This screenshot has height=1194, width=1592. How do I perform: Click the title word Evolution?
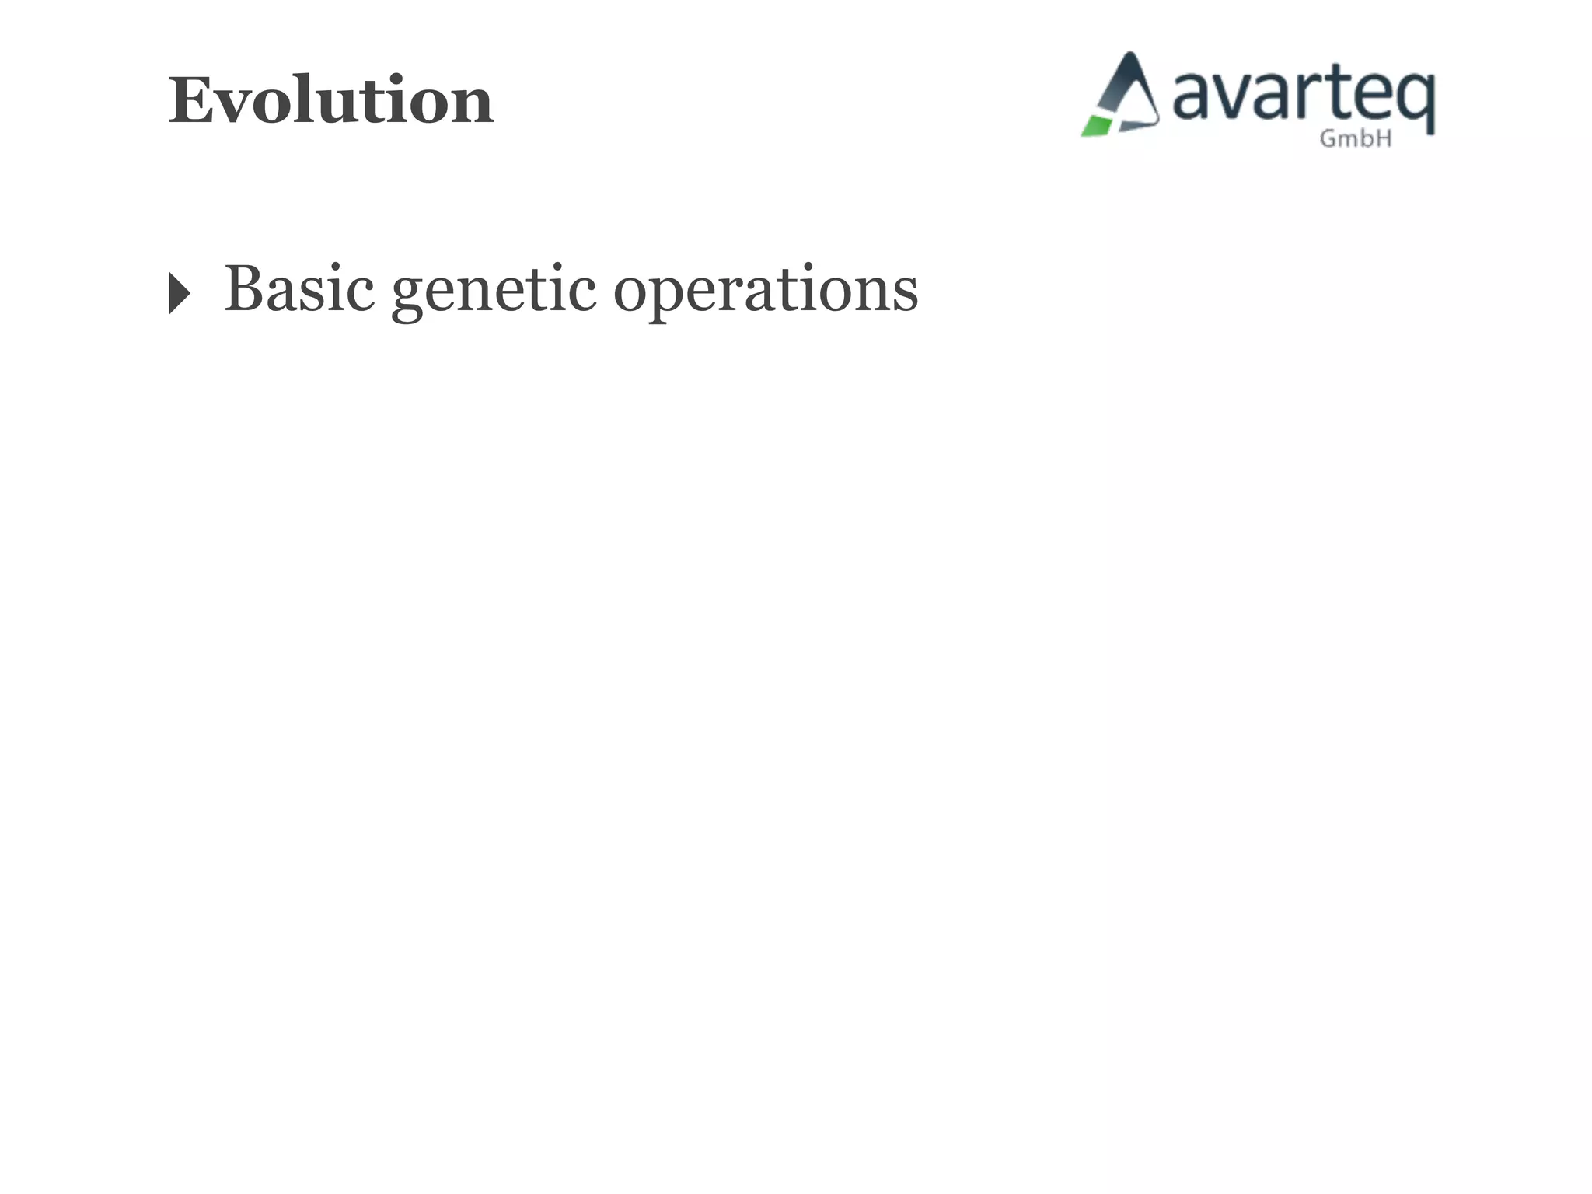pyautogui.click(x=330, y=101)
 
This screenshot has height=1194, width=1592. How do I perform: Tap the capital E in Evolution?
pyautogui.click(x=191, y=101)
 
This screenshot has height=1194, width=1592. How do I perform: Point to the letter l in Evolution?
pyautogui.click(x=310, y=99)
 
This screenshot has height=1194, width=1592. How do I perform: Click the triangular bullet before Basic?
pyautogui.click(x=179, y=294)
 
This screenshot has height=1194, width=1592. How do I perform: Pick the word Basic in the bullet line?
pyautogui.click(x=299, y=289)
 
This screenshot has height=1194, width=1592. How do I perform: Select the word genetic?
pyautogui.click(x=494, y=291)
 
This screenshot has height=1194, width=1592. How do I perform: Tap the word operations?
pyautogui.click(x=766, y=291)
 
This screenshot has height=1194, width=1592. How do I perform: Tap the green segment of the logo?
pyautogui.click(x=1096, y=126)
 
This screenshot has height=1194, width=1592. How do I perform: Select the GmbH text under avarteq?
pyautogui.click(x=1356, y=139)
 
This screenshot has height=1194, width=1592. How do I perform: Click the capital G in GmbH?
pyautogui.click(x=1328, y=138)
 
